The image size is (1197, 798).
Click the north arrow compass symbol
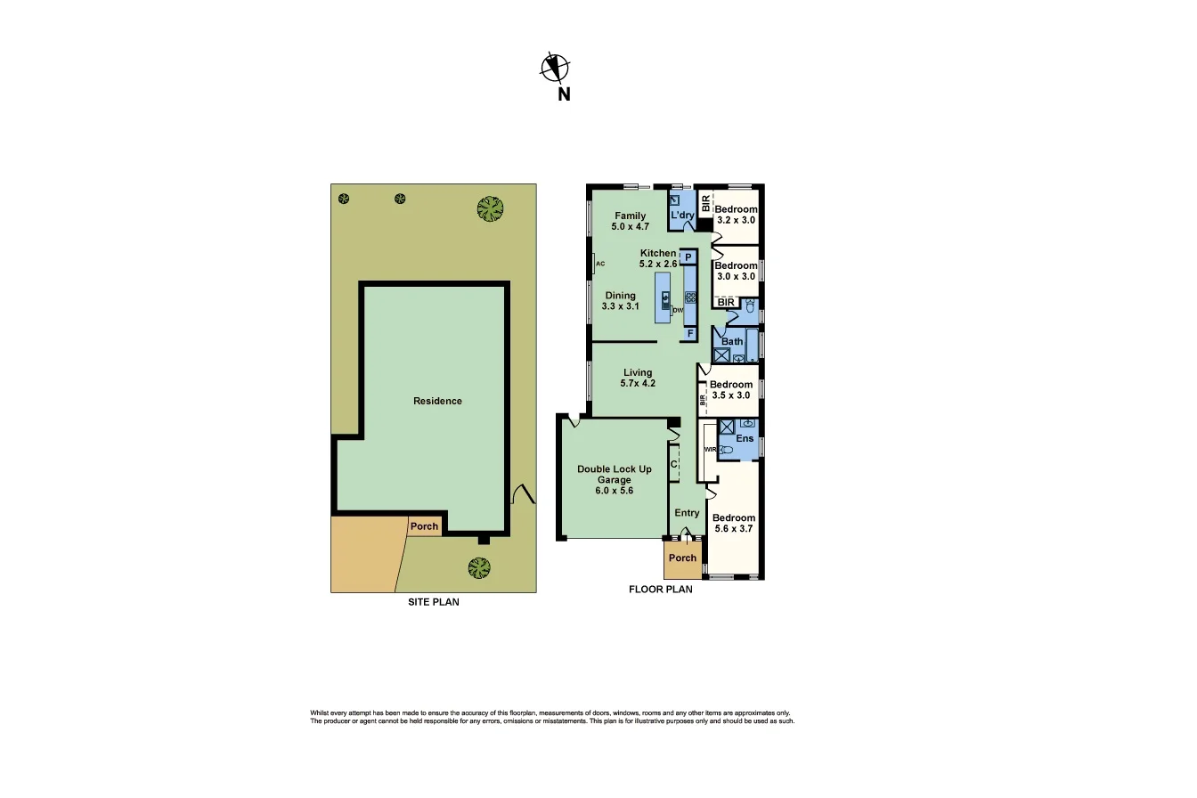[555, 68]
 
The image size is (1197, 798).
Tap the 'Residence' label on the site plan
[437, 401]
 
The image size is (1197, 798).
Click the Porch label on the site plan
[424, 526]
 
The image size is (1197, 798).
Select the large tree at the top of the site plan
[489, 208]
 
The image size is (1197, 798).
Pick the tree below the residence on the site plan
[479, 566]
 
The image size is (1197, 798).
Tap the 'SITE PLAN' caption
[433, 602]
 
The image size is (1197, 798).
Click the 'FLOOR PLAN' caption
[660, 589]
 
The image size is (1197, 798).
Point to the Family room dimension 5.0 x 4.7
[630, 227]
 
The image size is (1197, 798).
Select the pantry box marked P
[688, 256]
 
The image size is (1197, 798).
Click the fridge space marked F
[688, 333]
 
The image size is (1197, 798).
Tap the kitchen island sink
[664, 297]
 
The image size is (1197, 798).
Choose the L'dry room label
[682, 216]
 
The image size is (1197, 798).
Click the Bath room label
[732, 341]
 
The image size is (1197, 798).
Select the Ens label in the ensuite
[745, 438]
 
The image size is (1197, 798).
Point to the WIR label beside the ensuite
[710, 450]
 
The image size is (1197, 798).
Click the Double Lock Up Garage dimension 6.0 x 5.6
[614, 491]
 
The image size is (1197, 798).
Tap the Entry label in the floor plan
[687, 513]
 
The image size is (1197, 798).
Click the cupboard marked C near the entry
[674, 463]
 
